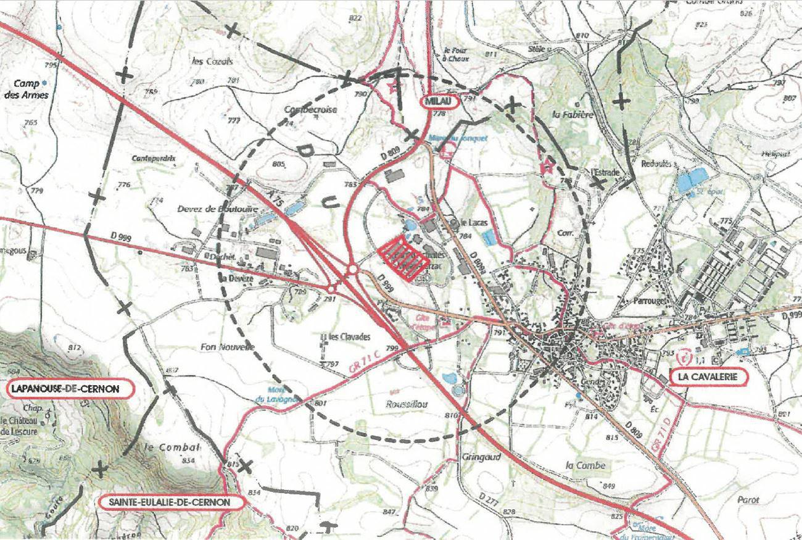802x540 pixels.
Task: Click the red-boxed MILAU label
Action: pos(440,101)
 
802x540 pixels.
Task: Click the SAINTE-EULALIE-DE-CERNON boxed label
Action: pos(169,502)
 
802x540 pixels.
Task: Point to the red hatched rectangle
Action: pos(403,260)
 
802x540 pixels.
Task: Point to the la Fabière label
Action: pos(573,114)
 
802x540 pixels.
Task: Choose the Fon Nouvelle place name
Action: pos(228,347)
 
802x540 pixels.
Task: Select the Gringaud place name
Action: pos(481,458)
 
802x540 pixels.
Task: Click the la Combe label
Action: pos(585,465)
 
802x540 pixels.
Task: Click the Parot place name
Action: pos(748,500)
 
